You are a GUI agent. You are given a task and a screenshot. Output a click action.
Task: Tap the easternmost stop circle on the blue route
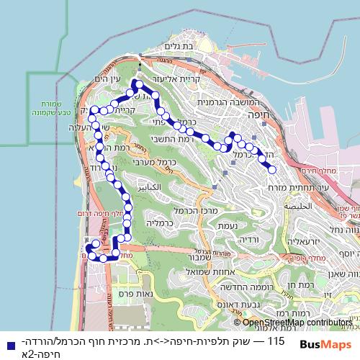coord(272,170)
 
